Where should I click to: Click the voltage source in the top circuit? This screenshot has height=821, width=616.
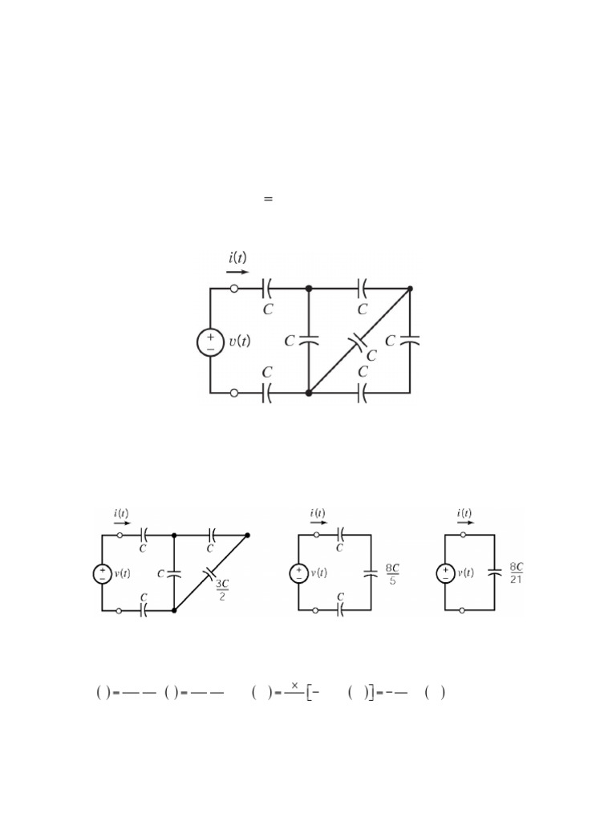(210, 342)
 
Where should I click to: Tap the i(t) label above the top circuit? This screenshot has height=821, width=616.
(237, 258)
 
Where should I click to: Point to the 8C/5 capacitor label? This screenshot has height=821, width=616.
(392, 573)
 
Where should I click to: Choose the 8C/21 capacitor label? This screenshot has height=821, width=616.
(516, 573)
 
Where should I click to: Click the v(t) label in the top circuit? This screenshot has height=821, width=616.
(239, 342)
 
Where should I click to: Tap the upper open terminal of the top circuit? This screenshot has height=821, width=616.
(233, 289)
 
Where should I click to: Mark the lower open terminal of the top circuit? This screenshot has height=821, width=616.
(233, 393)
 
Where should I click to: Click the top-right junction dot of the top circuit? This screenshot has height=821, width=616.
(410, 289)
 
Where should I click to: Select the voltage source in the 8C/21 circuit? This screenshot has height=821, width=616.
(446, 573)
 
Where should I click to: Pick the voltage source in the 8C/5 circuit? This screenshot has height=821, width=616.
(298, 573)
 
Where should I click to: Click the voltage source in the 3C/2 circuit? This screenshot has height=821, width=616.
(103, 573)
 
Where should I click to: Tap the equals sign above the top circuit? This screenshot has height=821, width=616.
(269, 198)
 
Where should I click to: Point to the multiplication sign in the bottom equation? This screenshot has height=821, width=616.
(294, 686)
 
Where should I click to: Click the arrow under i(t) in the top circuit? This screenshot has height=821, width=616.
(237, 272)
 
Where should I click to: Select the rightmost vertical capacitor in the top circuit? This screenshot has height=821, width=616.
(410, 341)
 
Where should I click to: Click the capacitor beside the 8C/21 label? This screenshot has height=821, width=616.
(494, 573)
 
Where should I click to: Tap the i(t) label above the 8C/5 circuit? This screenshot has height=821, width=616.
(318, 513)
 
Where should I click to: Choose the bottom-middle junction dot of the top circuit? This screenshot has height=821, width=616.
(309, 393)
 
